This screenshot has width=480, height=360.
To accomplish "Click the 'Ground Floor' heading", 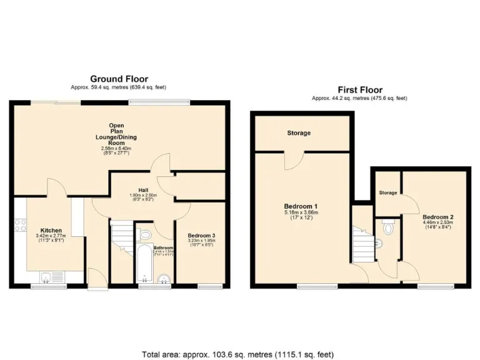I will tap(119, 79).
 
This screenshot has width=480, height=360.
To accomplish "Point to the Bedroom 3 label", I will tap(201, 236).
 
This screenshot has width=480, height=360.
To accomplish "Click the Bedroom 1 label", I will tap(301, 206).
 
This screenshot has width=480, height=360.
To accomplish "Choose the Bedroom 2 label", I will tap(438, 217).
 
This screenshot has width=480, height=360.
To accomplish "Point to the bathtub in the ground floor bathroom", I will tap(142, 262).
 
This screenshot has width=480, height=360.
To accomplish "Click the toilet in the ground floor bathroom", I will tap(146, 234).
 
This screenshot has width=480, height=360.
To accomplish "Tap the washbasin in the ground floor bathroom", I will tap(164, 279).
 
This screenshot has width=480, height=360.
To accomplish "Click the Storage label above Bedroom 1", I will tap(299, 133).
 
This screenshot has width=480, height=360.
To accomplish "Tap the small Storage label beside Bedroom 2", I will tap(387, 192).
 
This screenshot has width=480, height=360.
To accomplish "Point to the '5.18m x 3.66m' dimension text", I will tap(301, 212).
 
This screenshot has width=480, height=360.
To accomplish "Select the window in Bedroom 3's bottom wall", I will tap(210, 287).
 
